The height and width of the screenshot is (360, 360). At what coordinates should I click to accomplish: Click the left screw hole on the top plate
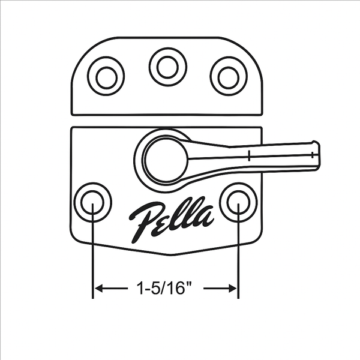[106, 76]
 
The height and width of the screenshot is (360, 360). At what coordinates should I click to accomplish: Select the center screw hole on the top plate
[167, 66]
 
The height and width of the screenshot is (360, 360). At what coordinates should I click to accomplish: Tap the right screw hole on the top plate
[229, 76]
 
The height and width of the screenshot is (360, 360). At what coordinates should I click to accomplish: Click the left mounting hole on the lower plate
[92, 202]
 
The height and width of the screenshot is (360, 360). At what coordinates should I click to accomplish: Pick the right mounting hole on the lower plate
[238, 202]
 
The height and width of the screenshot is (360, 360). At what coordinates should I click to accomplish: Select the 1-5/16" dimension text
[166, 289]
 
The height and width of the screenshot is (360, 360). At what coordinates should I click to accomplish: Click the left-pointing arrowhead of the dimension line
[98, 289]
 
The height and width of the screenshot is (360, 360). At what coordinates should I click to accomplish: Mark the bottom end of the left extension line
[93, 298]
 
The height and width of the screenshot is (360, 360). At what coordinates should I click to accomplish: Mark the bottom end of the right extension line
[238, 298]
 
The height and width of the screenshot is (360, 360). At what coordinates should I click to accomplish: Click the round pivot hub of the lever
[166, 160]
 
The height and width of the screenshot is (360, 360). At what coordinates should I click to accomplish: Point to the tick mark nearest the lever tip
[312, 154]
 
